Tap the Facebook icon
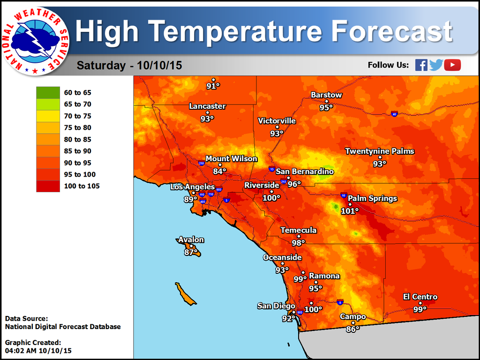(421, 65)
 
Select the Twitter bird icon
(436, 65)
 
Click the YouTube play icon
(452, 65)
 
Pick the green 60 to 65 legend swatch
(48, 92)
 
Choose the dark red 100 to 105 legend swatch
(48, 186)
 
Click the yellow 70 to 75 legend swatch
(48, 116)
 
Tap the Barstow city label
(326, 95)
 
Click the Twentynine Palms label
(380, 151)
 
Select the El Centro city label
(420, 297)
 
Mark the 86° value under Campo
(352, 329)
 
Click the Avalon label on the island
(191, 240)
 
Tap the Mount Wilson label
(232, 159)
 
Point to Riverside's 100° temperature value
(271, 198)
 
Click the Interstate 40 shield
(394, 113)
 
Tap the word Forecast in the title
(392, 31)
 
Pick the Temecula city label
(299, 230)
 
